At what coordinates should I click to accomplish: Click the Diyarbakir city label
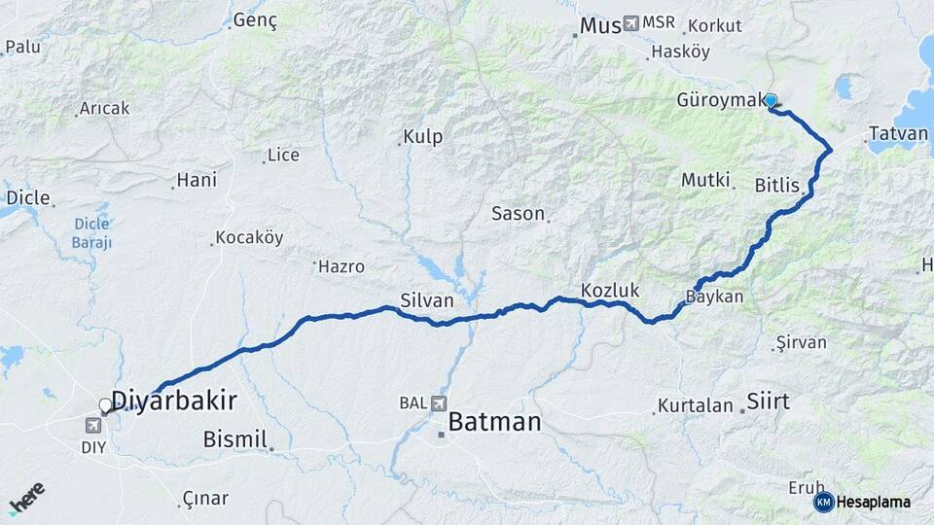[174, 401]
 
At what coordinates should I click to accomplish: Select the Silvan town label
[426, 300]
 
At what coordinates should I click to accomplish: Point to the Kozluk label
[610, 290]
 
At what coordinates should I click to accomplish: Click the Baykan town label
[714, 297]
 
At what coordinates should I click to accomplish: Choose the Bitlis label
[776, 185]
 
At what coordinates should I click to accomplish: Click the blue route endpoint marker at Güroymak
[771, 100]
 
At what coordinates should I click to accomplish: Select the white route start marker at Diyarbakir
[106, 404]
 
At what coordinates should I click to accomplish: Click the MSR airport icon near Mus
[631, 22]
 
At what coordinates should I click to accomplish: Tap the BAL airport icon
[438, 402]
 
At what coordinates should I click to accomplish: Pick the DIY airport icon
[94, 425]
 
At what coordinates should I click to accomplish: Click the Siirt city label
[768, 401]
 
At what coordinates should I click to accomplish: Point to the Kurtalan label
[695, 405]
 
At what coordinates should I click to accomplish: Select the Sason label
[518, 214]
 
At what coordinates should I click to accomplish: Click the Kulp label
[423, 137]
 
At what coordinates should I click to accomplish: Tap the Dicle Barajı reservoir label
[92, 232]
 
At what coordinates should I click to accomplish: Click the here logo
[26, 497]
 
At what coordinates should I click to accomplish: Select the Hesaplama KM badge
[862, 502]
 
